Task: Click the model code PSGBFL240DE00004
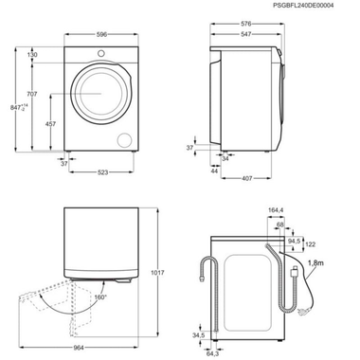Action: [x=316, y=6]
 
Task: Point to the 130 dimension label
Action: [x=33, y=55]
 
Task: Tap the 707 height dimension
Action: [x=33, y=94]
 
